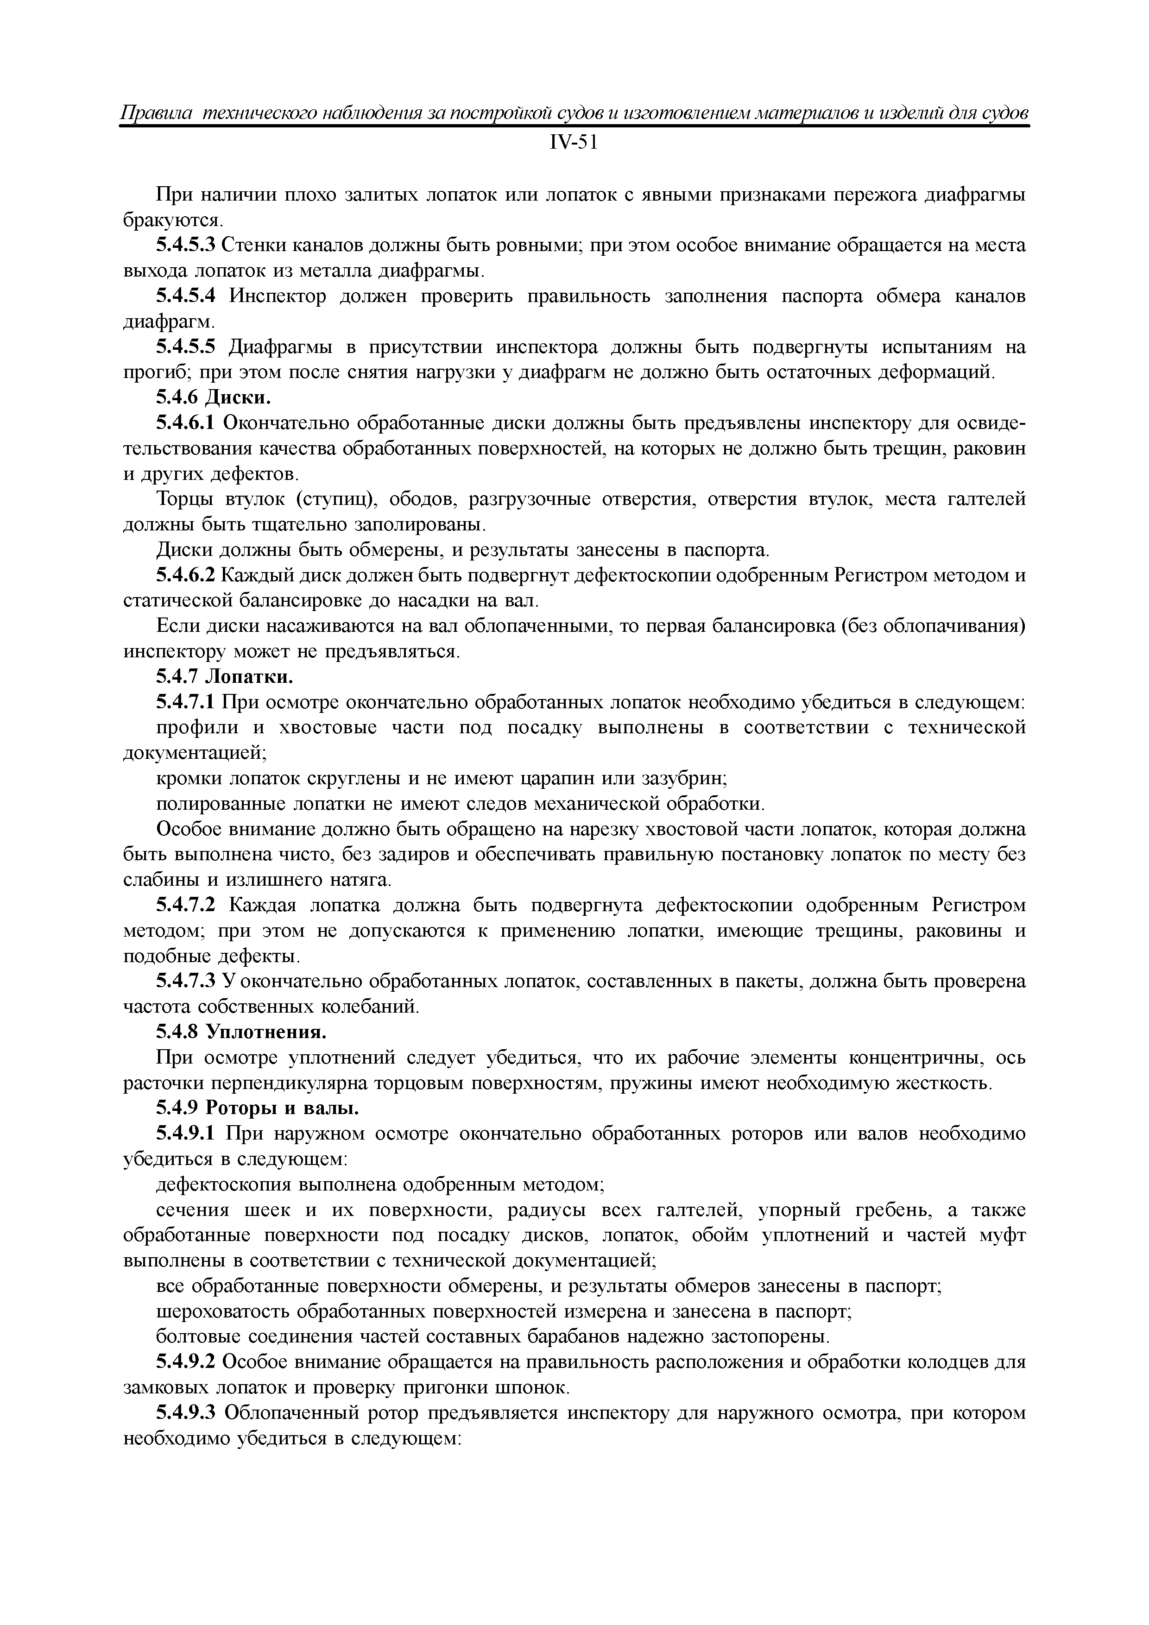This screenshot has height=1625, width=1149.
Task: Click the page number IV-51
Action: pyautogui.click(x=574, y=143)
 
